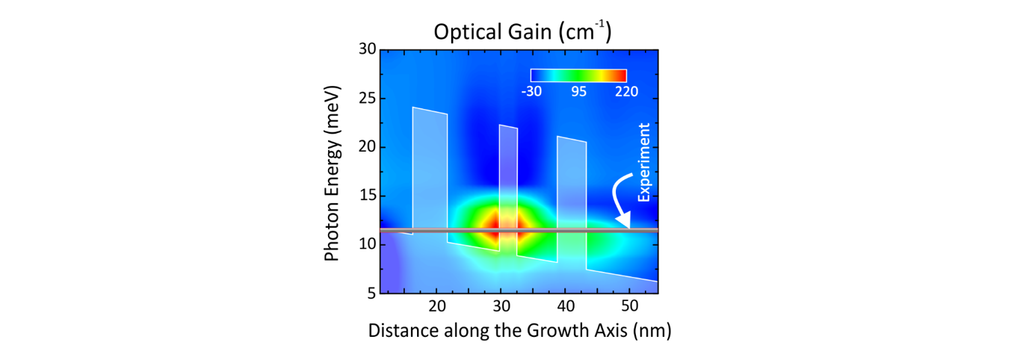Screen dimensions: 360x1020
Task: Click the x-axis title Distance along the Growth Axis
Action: [519, 331]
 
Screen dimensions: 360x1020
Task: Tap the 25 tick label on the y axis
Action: [365, 99]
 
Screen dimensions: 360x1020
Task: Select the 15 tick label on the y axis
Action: [365, 196]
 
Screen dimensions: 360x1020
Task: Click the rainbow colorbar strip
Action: [578, 75]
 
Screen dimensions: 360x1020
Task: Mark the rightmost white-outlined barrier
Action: [572, 199]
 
